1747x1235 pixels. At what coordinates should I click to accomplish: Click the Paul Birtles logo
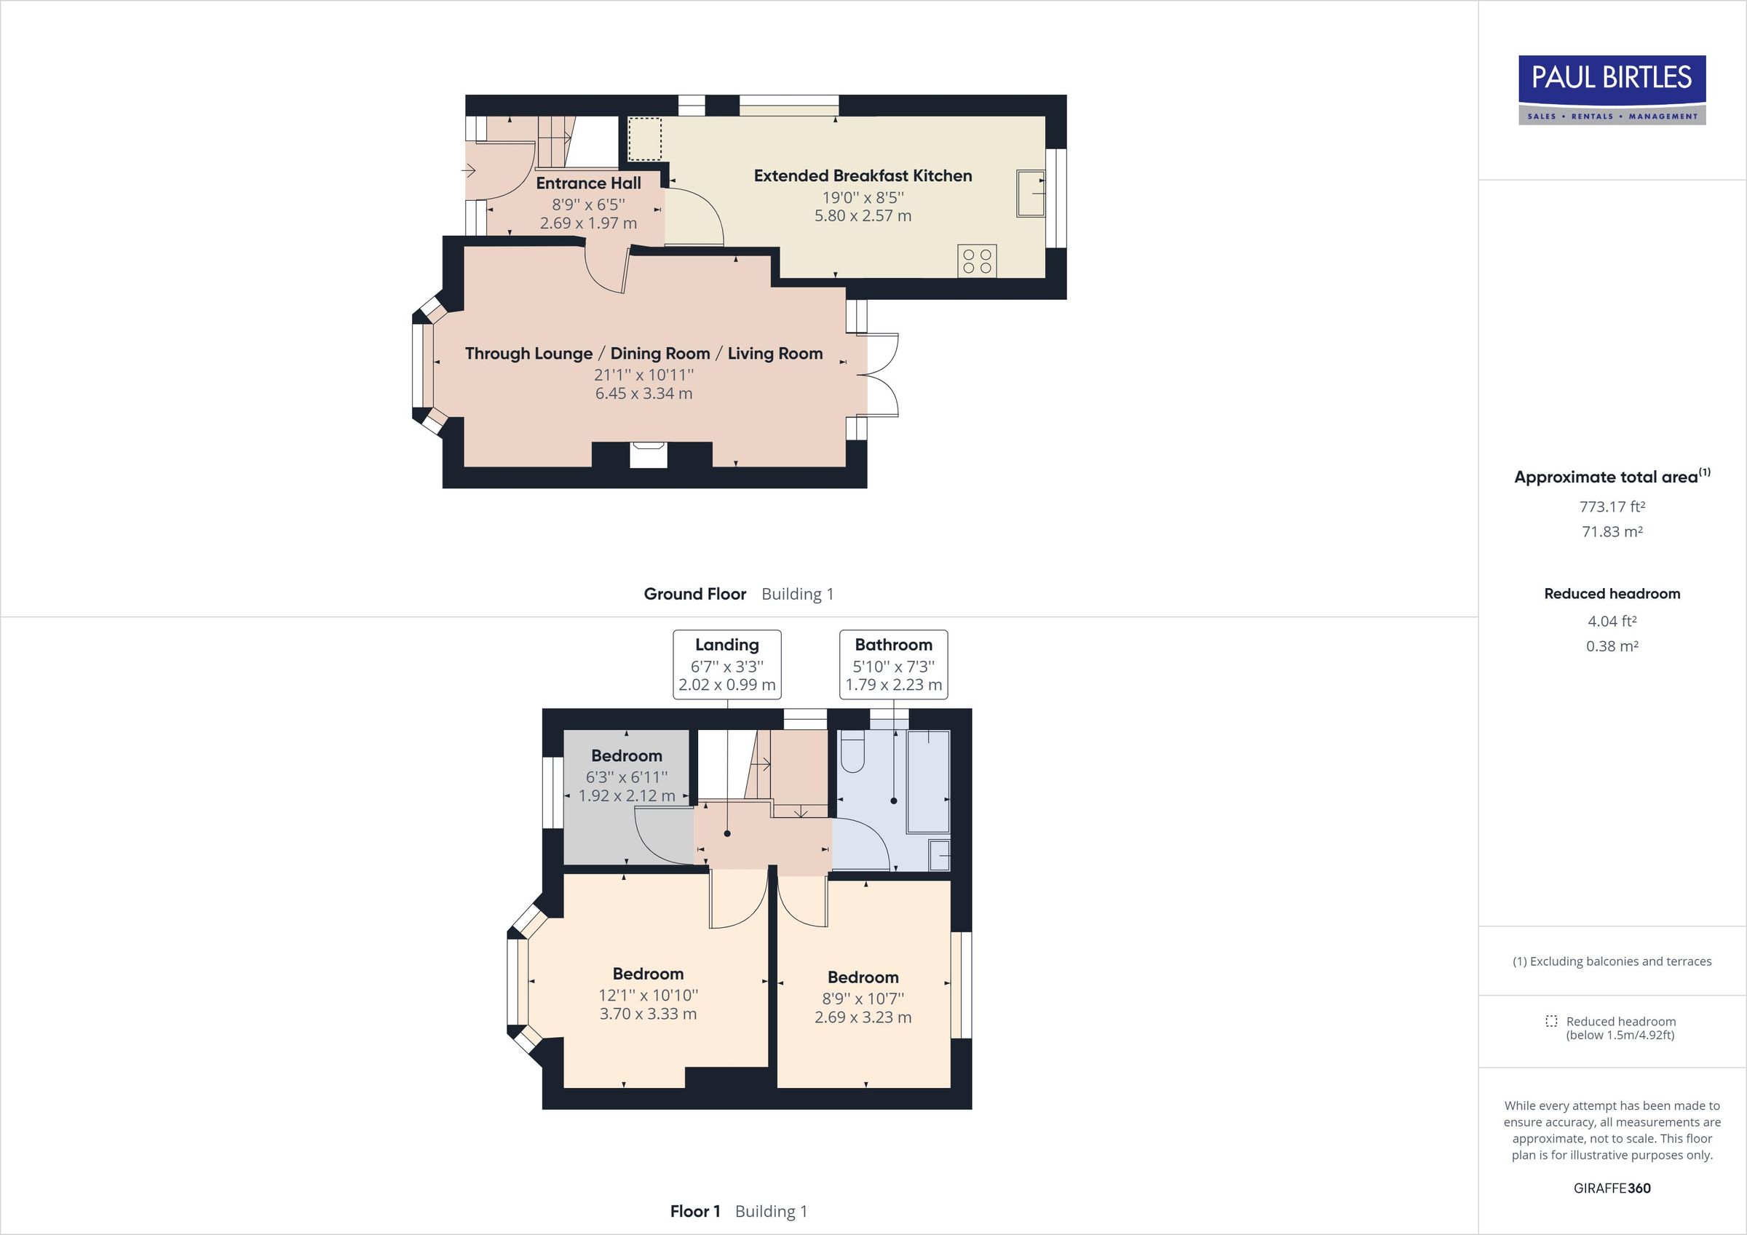(x=1612, y=89)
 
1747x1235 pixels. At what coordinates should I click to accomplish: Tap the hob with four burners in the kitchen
(x=977, y=261)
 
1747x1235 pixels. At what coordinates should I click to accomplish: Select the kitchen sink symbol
(x=1031, y=194)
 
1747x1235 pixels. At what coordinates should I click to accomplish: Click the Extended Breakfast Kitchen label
(x=863, y=176)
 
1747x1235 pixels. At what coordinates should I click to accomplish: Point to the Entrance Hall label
(x=588, y=183)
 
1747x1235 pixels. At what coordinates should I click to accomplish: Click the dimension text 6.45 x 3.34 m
(x=643, y=394)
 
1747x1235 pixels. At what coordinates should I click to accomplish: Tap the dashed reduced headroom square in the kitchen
(x=644, y=138)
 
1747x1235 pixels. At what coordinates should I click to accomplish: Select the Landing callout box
(x=726, y=664)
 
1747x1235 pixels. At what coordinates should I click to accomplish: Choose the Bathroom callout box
(x=893, y=664)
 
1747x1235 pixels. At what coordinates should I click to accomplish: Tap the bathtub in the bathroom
(x=929, y=782)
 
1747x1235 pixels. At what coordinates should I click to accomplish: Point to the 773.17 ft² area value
(x=1612, y=507)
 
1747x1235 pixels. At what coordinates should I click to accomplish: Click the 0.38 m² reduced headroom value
(x=1612, y=646)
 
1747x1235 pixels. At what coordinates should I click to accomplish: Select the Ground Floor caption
(x=694, y=595)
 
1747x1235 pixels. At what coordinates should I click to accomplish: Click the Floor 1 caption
(x=694, y=1212)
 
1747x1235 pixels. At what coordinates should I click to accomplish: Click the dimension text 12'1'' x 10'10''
(x=649, y=996)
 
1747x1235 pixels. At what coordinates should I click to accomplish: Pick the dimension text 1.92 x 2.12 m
(x=626, y=796)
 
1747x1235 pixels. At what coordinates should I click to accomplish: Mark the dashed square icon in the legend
(x=1551, y=1021)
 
